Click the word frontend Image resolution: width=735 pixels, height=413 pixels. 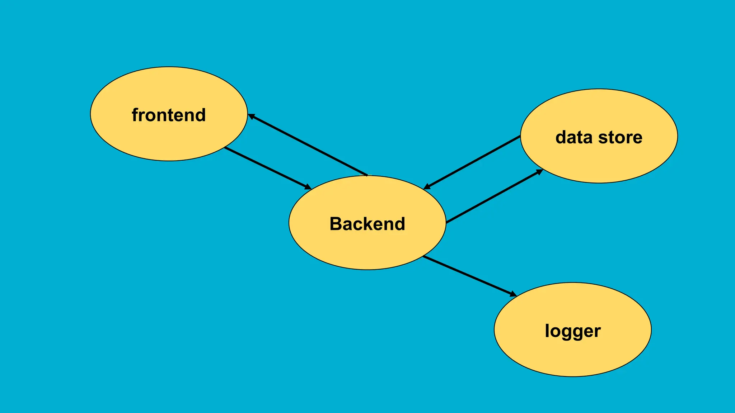(169, 115)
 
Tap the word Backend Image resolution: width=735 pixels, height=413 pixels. (367, 224)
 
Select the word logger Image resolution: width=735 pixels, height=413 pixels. (572, 331)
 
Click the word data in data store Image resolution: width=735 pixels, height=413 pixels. (574, 137)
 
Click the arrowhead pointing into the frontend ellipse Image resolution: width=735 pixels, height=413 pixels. (251, 116)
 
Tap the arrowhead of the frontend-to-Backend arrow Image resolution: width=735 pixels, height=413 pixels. (308, 187)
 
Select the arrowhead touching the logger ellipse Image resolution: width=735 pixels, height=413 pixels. (513, 294)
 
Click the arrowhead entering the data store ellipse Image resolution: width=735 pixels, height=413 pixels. (539, 172)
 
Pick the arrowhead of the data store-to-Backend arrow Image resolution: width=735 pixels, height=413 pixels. (427, 187)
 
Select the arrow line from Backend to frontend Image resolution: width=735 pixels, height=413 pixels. (309, 146)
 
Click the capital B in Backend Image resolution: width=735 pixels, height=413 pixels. (335, 224)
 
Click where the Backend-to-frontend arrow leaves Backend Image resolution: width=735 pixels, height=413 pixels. (367, 175)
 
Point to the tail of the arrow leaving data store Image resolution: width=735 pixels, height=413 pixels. (520, 136)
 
